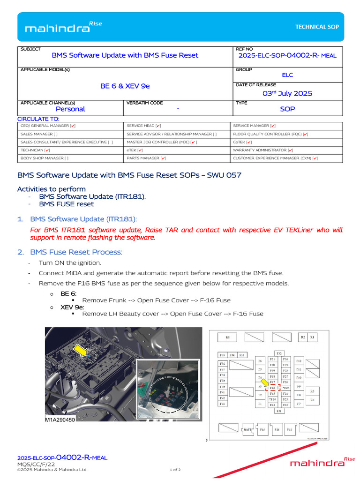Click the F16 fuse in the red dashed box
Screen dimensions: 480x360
(272, 388)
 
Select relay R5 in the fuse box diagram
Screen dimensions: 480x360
(228, 337)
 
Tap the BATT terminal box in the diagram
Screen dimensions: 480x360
(247, 429)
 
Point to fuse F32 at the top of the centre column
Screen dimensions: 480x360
(279, 353)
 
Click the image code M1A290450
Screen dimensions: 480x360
(60, 420)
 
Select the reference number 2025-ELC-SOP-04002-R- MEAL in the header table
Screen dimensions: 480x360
(287, 55)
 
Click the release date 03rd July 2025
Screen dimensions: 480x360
(287, 93)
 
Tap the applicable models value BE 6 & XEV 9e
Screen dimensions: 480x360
(125, 86)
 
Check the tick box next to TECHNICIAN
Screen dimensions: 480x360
(47, 150)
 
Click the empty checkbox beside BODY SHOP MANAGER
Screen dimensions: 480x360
(67, 158)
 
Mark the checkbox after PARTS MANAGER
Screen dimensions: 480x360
(163, 158)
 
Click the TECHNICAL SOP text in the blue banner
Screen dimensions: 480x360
(316, 27)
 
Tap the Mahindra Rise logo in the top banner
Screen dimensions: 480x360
(63, 28)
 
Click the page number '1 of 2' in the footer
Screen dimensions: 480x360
(175, 470)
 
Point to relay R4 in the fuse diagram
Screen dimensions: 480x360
(312, 400)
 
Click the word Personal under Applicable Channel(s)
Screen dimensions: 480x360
(70, 109)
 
